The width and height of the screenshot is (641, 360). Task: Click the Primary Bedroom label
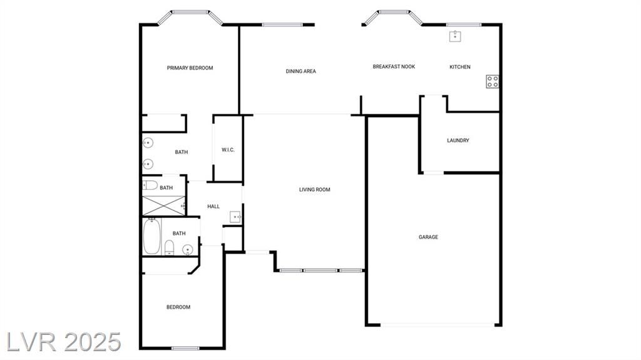[190, 68]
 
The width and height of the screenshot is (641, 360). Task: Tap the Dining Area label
[301, 71]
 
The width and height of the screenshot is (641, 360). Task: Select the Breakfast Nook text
[394, 66]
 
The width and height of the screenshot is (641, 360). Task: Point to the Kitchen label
[460, 67]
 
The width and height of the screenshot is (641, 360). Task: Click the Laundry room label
[458, 140]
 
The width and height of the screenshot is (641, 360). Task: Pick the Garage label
[428, 237]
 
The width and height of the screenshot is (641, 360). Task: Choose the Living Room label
[314, 190]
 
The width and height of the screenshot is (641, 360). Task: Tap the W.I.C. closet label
[228, 150]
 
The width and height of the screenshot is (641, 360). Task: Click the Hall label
[213, 207]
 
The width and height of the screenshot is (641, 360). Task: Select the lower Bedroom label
[178, 307]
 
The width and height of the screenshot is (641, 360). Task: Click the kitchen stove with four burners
[492, 81]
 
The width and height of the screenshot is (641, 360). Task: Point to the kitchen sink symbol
[455, 36]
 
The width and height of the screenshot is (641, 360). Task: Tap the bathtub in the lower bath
[151, 237]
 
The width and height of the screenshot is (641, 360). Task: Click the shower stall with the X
[163, 206]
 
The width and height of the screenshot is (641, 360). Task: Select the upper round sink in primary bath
[148, 143]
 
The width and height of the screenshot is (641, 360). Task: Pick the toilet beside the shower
[150, 185]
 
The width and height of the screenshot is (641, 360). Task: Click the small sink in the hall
[235, 217]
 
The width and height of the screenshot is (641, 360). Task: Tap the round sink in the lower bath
[187, 249]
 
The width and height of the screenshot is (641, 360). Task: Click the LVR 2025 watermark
[64, 342]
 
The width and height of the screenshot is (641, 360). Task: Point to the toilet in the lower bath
[169, 248]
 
